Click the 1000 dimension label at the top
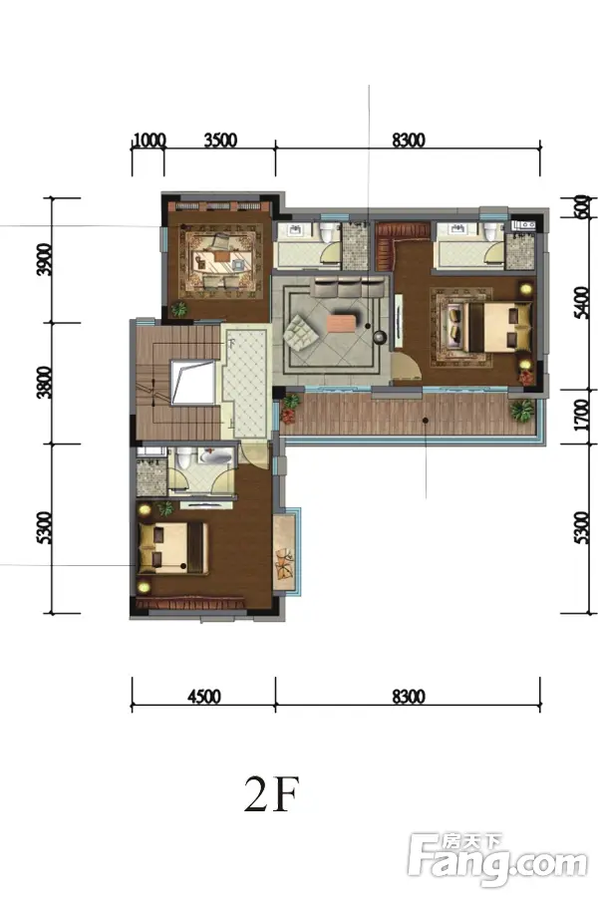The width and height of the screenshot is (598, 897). click(149, 141)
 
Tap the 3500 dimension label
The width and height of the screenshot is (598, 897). click(220, 141)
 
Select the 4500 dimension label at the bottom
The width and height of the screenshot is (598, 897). click(204, 697)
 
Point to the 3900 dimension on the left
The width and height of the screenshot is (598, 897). click(44, 260)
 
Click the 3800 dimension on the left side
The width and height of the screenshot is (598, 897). click(44, 382)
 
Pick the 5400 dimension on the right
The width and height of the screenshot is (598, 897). click(581, 303)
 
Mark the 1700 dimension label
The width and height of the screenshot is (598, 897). click(581, 416)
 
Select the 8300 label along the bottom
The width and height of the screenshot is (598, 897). click(409, 697)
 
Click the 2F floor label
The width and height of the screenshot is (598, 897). click(272, 793)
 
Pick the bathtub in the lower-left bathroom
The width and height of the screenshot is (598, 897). click(216, 457)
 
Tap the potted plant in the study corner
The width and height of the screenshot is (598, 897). click(179, 310)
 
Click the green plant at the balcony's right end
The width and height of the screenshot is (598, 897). click(522, 411)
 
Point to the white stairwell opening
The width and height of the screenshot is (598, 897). click(193, 382)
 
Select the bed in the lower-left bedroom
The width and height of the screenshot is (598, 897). click(172, 547)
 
